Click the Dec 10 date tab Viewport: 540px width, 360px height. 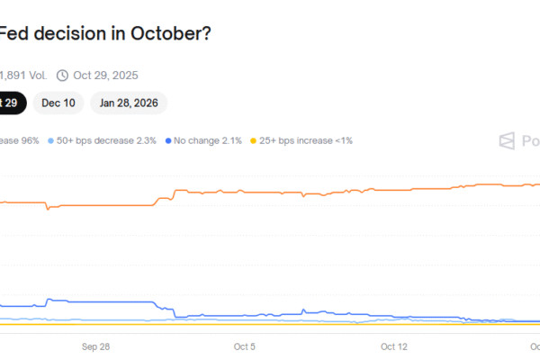[58, 103]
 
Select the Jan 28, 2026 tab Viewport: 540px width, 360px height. [129, 103]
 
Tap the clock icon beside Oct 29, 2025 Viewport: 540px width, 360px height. [62, 76]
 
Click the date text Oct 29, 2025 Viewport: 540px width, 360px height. [105, 76]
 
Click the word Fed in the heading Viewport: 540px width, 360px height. [13, 34]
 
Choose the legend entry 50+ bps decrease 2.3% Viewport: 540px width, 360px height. [106, 141]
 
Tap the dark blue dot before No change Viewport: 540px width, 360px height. [169, 141]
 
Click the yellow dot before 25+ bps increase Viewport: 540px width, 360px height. [254, 141]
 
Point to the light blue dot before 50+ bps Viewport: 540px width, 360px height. [50, 141]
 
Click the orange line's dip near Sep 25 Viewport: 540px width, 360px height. [49, 208]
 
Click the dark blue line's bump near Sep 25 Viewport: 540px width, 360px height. [50, 300]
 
